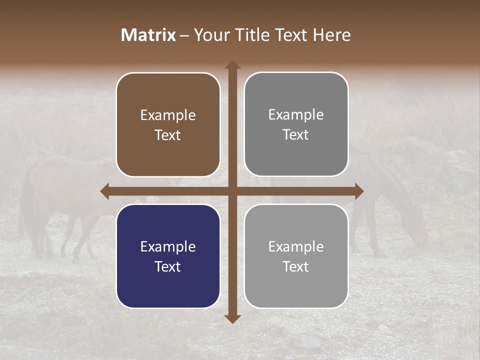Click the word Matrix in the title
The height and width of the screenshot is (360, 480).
148,35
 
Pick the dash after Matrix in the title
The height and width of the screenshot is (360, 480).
184,35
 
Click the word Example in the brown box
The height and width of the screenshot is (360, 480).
168,115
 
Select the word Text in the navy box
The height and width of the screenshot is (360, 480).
168,266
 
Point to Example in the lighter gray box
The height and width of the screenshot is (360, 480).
296,246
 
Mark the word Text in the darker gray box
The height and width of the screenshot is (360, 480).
296,134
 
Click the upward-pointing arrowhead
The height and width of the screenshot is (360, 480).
232,65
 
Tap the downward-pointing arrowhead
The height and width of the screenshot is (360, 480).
232,318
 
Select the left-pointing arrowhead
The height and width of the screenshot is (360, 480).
105,191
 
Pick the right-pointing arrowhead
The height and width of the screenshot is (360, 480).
359,191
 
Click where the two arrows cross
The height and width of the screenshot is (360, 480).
232,191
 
